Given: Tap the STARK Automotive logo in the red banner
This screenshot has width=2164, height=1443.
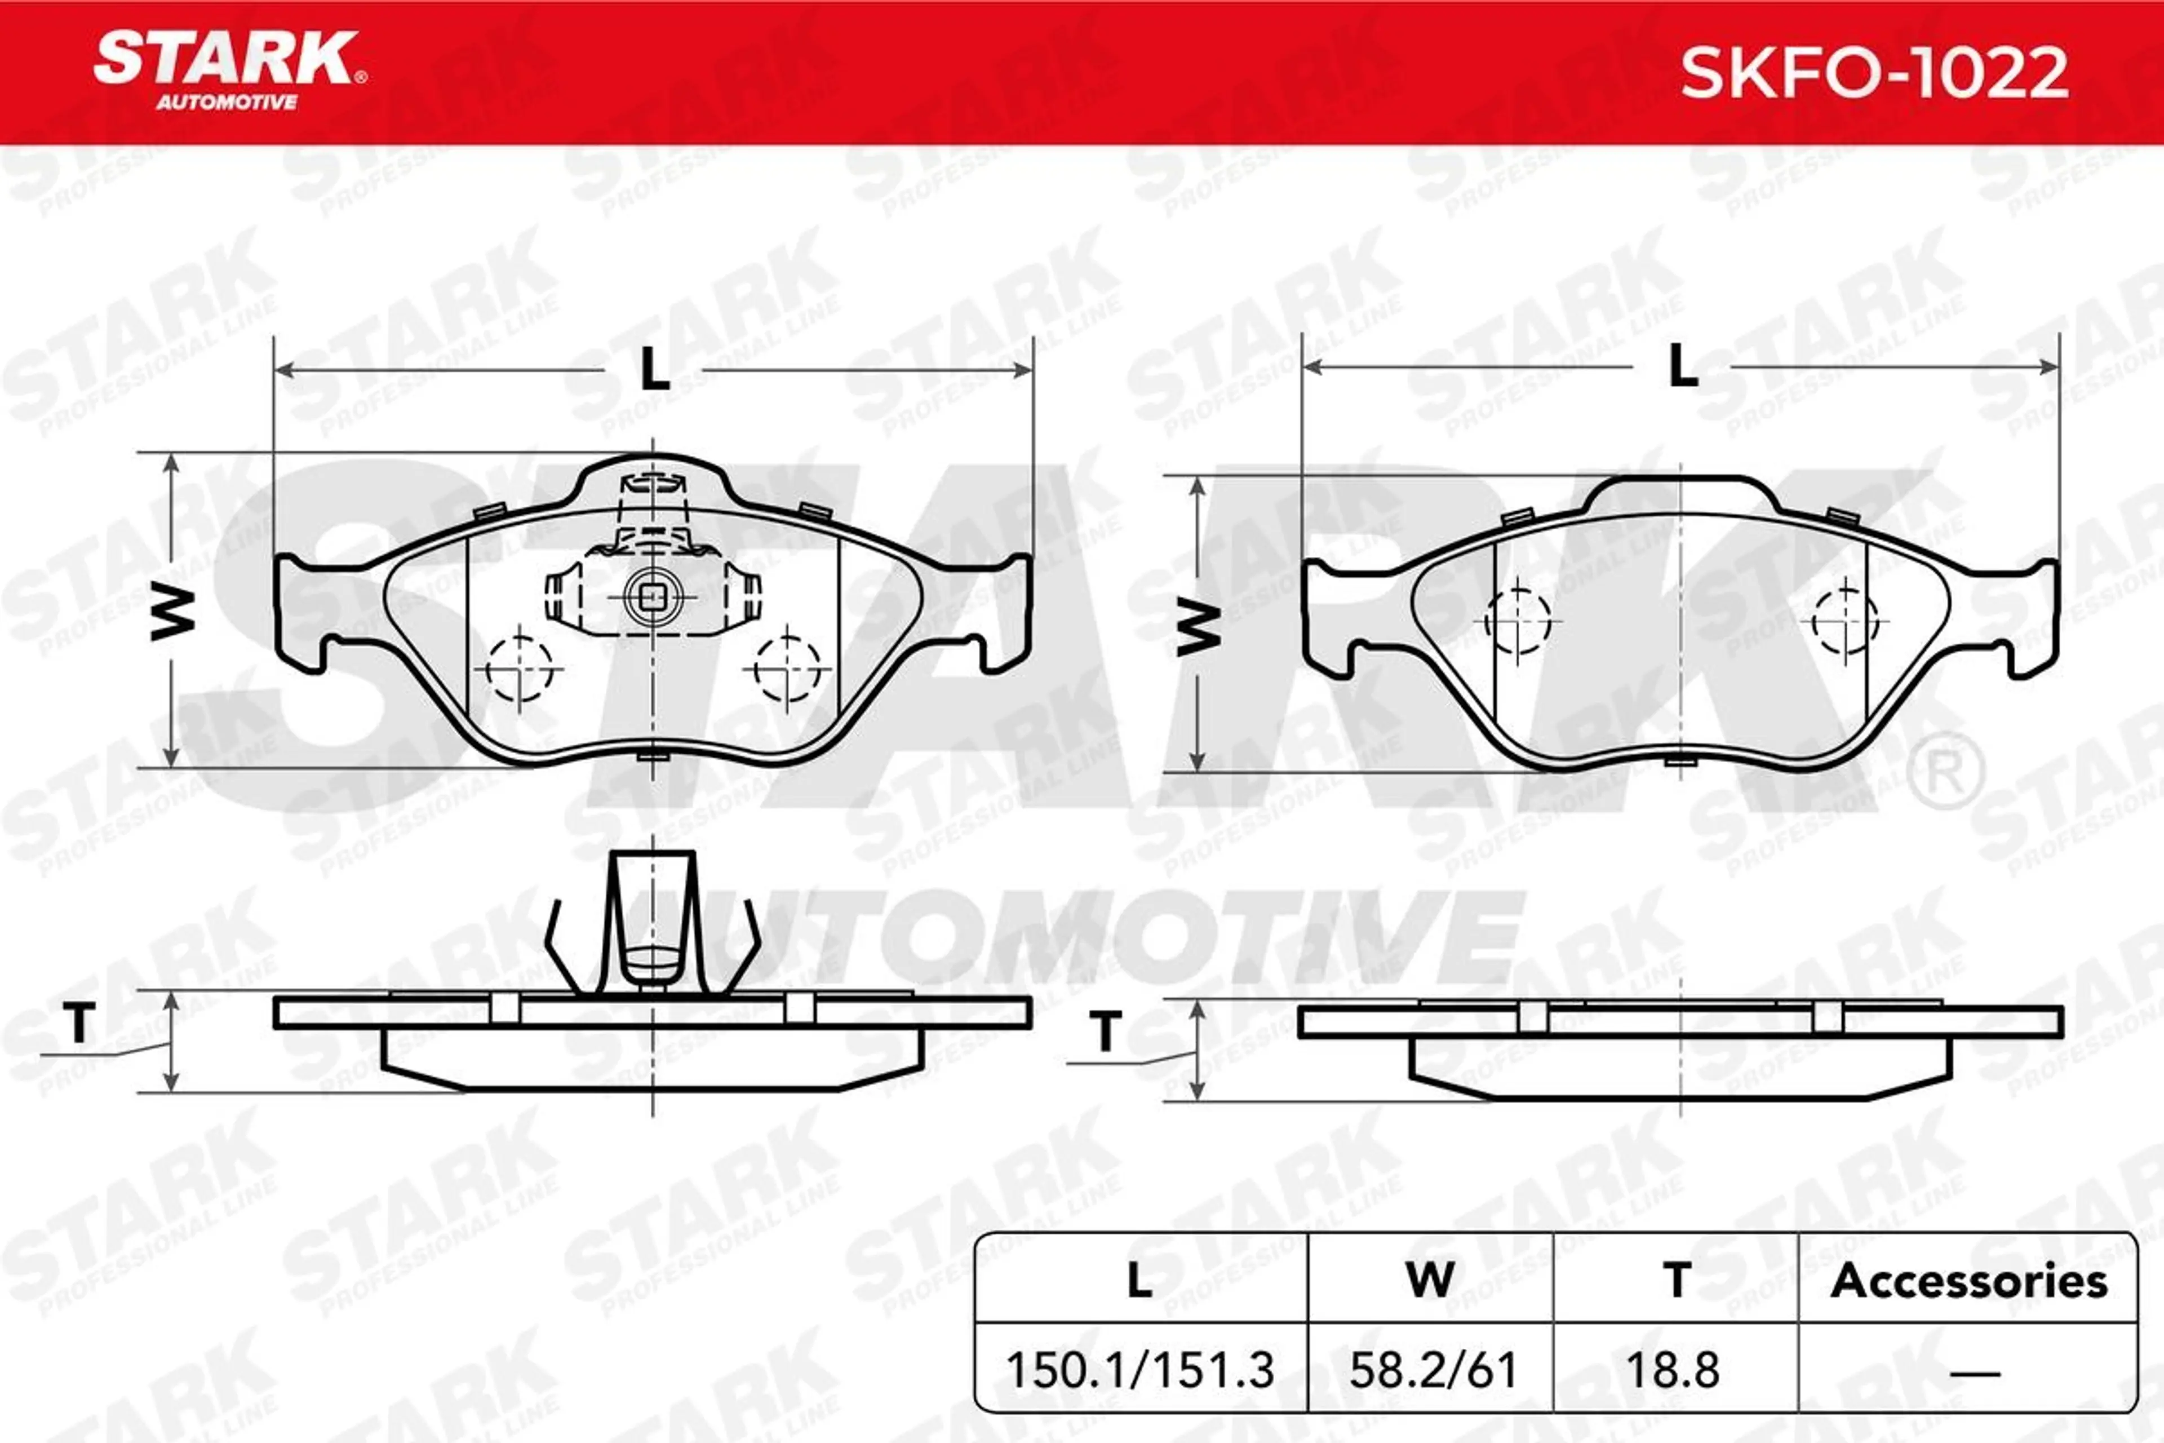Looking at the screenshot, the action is click(x=230, y=71).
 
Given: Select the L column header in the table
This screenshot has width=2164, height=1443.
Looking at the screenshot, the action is click(x=1140, y=1280).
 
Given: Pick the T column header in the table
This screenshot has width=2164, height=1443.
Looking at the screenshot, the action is click(x=1677, y=1280).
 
